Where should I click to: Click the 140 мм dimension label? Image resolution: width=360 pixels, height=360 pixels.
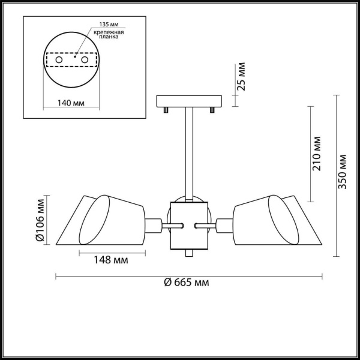click(x=70, y=103)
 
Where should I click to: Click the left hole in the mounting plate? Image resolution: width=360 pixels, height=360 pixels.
click(x=59, y=60)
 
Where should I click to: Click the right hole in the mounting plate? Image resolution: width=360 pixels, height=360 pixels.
click(x=85, y=60)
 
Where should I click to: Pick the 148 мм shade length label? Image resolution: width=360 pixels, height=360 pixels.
click(x=112, y=261)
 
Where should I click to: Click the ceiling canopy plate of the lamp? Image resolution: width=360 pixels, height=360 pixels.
click(x=189, y=101)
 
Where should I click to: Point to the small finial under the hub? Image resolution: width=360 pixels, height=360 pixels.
click(x=189, y=254)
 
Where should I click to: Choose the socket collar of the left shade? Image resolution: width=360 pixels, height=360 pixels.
click(x=154, y=226)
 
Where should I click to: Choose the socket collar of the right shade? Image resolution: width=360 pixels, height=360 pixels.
click(x=224, y=226)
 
